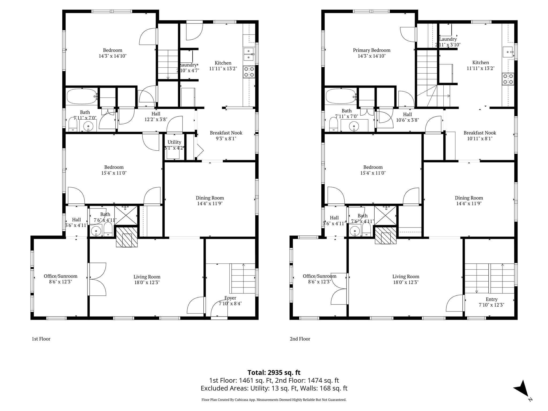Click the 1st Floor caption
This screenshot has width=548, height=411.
point(41,339)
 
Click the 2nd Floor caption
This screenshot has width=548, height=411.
point(300,339)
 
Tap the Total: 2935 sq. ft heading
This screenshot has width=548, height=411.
point(274,372)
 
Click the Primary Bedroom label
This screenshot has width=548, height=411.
point(371,50)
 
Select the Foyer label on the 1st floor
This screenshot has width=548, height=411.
point(230,298)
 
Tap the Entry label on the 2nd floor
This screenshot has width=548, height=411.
point(491,299)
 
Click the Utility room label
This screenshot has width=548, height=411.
point(174,142)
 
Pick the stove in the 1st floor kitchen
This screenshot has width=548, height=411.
point(249,72)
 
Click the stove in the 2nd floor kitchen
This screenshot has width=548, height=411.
point(508,79)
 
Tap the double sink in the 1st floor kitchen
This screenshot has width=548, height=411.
point(249,54)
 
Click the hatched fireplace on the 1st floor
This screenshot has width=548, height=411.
point(127,237)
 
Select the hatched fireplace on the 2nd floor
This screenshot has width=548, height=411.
point(385,235)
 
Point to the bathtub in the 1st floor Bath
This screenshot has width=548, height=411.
point(81,96)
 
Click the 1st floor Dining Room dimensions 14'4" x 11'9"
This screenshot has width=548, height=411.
point(210,204)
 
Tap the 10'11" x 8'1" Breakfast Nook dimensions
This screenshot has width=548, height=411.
point(480,139)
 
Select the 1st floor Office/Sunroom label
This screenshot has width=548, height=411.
point(60,276)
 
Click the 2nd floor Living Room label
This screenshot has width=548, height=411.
point(406,276)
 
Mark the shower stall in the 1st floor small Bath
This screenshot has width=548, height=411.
point(126,215)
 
